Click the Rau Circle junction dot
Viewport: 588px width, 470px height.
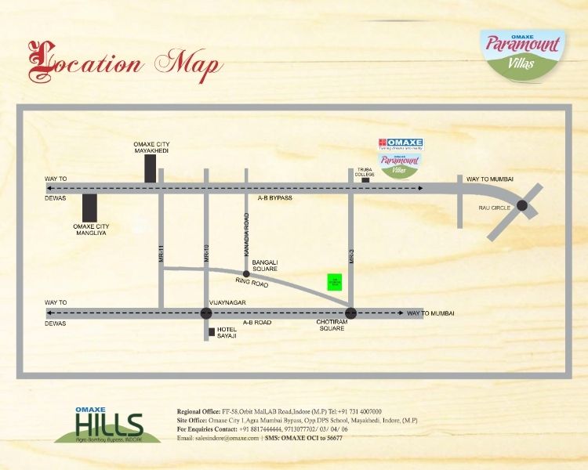tap(521, 206)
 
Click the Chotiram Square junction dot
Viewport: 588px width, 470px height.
tap(350, 313)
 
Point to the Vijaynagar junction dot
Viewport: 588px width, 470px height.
tap(206, 313)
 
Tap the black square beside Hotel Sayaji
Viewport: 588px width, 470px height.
tap(211, 332)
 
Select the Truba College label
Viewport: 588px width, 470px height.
tap(365, 172)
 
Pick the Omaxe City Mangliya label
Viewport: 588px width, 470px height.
tap(91, 230)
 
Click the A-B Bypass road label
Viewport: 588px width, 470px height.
tap(274, 198)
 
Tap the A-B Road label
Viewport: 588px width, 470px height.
tap(257, 323)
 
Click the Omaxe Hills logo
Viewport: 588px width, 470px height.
tap(108, 425)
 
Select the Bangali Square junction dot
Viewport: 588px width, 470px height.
tap(246, 273)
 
